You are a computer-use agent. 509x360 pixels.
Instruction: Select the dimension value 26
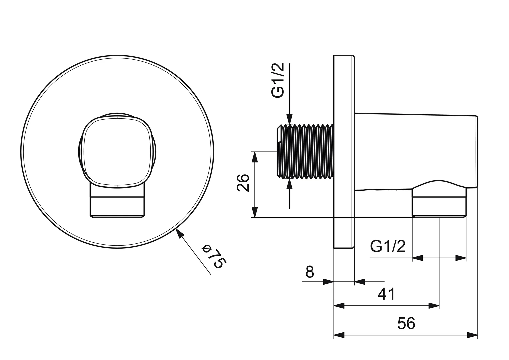tap(244, 182)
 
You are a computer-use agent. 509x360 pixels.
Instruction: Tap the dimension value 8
tap(310, 272)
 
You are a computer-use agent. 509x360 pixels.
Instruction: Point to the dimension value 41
tap(386, 294)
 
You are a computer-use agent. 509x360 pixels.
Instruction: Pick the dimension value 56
tap(406, 323)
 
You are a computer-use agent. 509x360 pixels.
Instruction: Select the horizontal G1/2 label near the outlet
tap(388, 247)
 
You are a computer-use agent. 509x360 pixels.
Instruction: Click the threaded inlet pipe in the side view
tap(305, 152)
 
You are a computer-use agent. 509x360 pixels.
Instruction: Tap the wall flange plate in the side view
tap(343, 152)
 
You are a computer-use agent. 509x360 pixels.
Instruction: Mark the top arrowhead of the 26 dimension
tap(255, 157)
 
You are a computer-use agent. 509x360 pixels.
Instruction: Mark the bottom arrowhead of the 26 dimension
tap(255, 212)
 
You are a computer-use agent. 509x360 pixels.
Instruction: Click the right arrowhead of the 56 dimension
tap(472, 335)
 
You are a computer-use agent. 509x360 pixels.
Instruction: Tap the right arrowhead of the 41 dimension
tap(434, 306)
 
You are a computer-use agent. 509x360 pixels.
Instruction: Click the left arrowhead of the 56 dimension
tap(339, 335)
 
